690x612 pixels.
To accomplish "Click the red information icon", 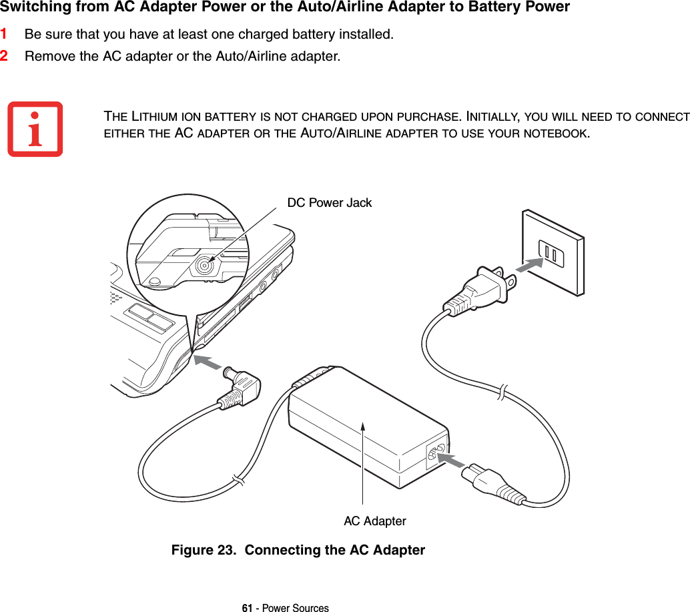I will tap(35, 129).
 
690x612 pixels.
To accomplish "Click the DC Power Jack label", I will tap(329, 203).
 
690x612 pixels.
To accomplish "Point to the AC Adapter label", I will tap(374, 521).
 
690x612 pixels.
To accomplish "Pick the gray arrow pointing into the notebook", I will tap(208, 363).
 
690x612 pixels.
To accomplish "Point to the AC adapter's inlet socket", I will tap(438, 454).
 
